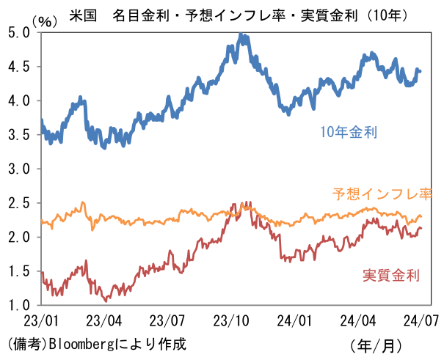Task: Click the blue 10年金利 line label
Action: tap(349, 133)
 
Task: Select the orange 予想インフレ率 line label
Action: tap(382, 194)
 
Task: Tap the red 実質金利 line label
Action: tap(391, 276)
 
